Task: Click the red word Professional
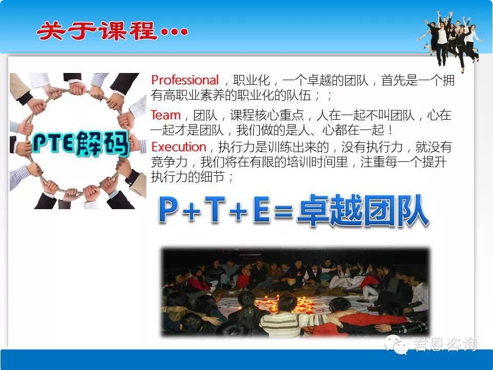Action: (185, 80)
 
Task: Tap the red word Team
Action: (166, 115)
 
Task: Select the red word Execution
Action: (179, 147)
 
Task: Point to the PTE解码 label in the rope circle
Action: (81, 143)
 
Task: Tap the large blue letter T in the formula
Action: (215, 209)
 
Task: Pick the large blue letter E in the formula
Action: (261, 209)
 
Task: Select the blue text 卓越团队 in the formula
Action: (363, 210)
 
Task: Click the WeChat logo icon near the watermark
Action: (396, 344)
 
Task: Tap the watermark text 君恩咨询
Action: (444, 344)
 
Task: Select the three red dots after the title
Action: (175, 31)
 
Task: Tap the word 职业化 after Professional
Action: (252, 80)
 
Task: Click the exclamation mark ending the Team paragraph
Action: (390, 130)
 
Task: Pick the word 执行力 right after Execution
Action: (237, 147)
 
